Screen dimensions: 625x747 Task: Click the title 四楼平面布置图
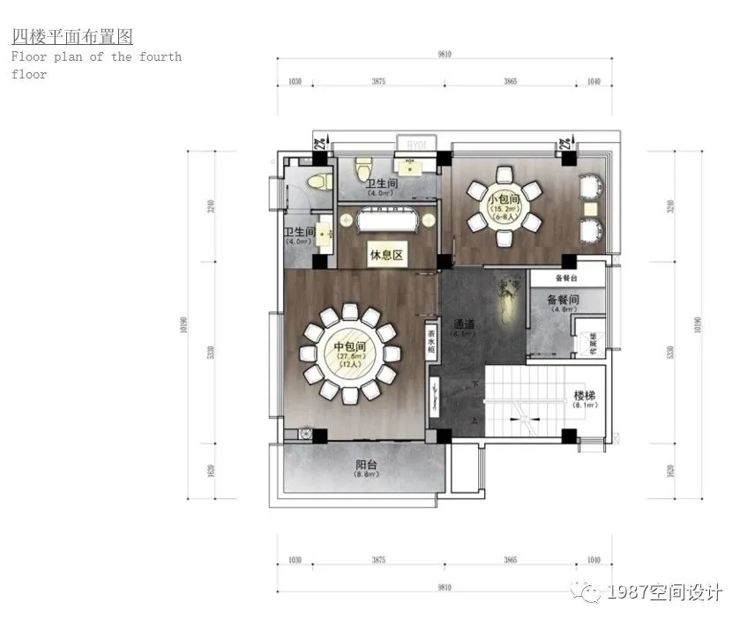pos(72,37)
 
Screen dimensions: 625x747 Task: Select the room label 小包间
pos(504,199)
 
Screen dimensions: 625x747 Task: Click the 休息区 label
pos(385,256)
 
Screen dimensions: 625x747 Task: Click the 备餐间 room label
pos(564,300)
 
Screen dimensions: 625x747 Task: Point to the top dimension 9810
pos(444,55)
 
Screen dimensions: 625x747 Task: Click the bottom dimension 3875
pos(378,561)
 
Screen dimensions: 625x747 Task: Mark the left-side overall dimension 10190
pos(185,325)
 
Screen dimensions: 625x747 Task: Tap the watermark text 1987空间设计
pos(665,592)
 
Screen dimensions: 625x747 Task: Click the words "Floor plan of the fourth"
pos(96,56)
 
